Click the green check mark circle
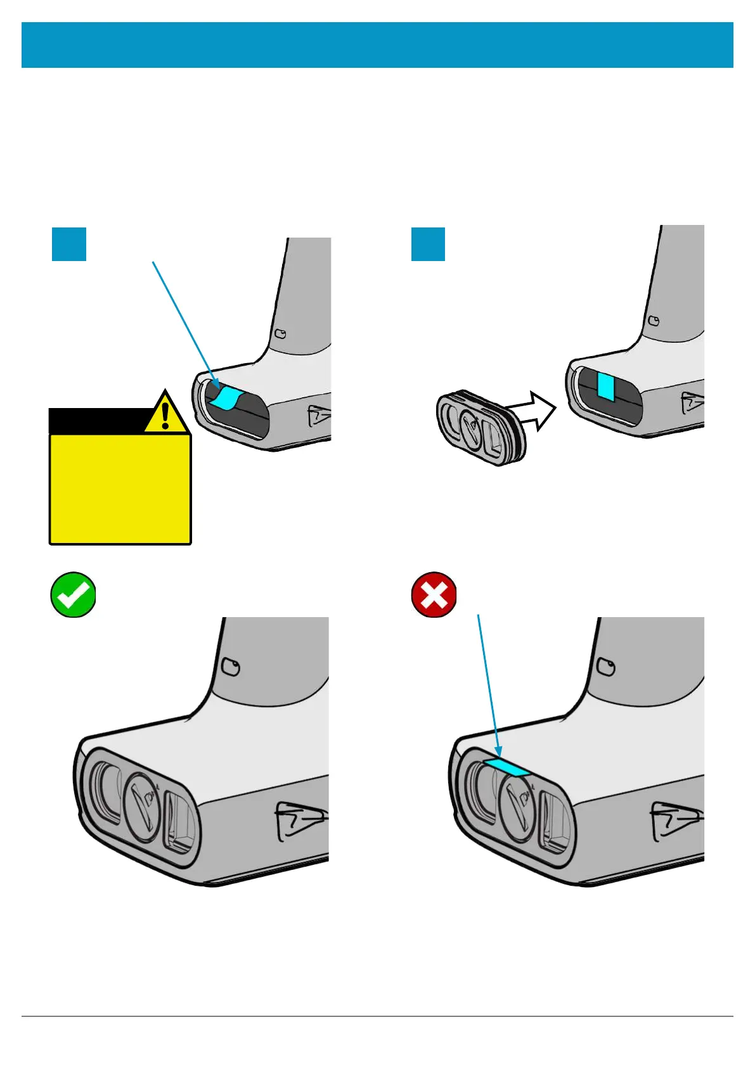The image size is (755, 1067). coord(74,594)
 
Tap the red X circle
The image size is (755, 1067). coord(434,594)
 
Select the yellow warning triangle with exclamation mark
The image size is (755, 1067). coord(165,412)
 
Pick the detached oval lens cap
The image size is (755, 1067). coord(479,428)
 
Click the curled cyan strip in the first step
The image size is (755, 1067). coord(226,398)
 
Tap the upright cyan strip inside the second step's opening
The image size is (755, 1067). coord(606,387)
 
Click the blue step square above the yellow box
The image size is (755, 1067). coord(68,244)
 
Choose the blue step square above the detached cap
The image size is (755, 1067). coord(428,244)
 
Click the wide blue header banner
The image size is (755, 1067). coord(377,45)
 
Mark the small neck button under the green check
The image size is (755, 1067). coord(231,667)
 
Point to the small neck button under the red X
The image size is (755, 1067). coord(607,667)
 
